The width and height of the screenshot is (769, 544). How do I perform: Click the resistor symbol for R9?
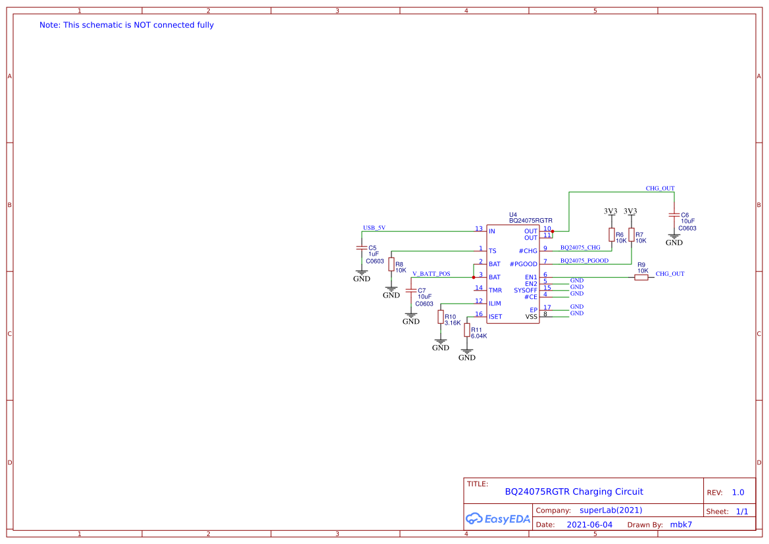click(641, 277)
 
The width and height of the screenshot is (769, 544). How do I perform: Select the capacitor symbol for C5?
click(361, 248)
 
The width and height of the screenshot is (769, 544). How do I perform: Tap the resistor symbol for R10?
click(441, 317)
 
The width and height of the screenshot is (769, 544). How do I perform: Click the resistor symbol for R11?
click(467, 330)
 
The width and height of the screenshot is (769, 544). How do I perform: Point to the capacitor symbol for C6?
click(674, 215)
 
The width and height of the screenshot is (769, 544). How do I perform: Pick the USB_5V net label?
click(374, 228)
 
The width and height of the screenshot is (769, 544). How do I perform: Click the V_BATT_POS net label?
click(431, 273)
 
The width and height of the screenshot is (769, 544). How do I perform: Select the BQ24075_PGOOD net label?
click(584, 261)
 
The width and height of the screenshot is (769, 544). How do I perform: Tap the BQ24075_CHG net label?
click(580, 248)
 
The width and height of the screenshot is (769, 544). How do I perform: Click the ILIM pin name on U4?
click(495, 304)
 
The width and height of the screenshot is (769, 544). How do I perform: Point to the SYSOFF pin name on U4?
click(526, 290)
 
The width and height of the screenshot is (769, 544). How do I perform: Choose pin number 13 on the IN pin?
click(479, 229)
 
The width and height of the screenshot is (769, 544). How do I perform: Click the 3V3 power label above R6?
click(610, 211)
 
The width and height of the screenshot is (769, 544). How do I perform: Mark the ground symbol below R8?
click(391, 290)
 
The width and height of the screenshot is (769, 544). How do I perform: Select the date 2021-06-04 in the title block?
click(589, 525)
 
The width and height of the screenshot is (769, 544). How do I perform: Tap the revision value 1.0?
click(738, 492)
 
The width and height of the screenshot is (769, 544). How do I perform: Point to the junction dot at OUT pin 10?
click(553, 231)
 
